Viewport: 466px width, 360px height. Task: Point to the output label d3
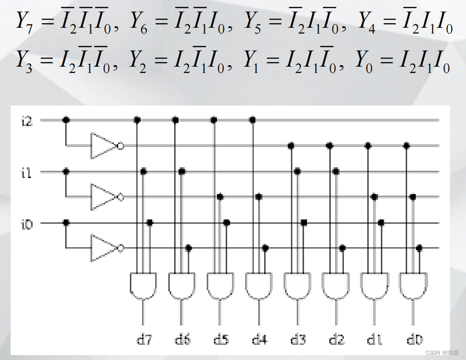click(298, 339)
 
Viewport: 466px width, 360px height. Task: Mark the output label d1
click(375, 339)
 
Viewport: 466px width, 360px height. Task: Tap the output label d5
click(220, 339)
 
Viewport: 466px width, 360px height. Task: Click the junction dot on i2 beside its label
click(66, 120)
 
